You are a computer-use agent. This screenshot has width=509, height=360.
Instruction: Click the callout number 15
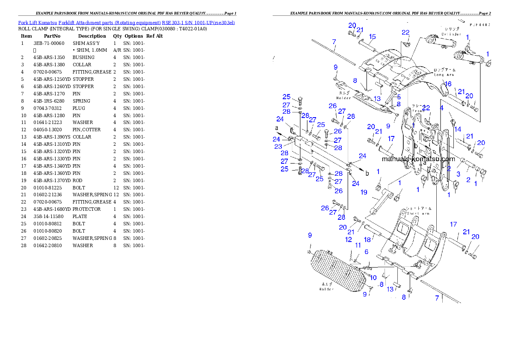[372, 37]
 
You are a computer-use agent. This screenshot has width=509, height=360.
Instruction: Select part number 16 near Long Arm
[447, 84]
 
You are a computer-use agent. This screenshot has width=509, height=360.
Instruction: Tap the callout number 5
[399, 97]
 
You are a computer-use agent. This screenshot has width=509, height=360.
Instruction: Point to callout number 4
[442, 108]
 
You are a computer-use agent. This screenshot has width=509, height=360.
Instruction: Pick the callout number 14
[458, 129]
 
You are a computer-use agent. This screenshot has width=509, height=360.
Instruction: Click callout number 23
[278, 147]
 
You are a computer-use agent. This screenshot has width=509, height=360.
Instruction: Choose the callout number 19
[364, 192]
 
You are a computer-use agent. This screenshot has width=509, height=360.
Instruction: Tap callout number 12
[349, 239]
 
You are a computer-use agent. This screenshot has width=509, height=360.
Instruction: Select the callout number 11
[358, 245]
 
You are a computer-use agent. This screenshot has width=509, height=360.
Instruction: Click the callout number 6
[367, 252]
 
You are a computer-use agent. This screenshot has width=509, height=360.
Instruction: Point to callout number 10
[373, 278]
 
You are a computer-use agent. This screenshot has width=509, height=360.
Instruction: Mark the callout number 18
[367, 240]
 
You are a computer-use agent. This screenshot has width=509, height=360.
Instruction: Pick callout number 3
[458, 174]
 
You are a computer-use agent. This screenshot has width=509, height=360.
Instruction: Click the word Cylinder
[450, 34]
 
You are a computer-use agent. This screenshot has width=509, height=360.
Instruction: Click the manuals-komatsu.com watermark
[418, 159]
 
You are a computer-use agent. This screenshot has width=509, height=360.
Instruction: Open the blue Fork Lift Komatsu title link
[126, 22]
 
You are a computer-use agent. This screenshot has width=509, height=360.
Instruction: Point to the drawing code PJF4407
[479, 25]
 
